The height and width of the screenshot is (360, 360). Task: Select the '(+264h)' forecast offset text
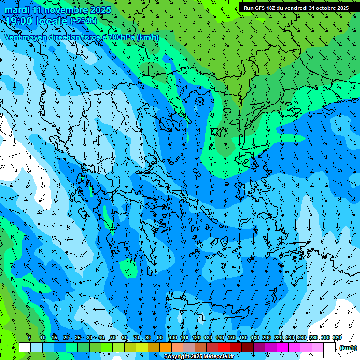pos(83,21)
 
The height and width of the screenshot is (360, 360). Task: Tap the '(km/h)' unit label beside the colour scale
pos(348,348)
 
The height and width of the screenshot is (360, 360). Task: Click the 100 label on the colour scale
pos(172,337)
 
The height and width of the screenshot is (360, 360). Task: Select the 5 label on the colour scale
pos(30,337)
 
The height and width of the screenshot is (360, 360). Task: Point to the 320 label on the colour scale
pos(337,337)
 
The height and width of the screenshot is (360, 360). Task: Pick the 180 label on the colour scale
pos(255,337)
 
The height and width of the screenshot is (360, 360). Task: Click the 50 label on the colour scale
pos(113,337)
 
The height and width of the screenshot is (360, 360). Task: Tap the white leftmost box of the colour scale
pos(25,347)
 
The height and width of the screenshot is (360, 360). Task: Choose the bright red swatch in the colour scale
pos(224,347)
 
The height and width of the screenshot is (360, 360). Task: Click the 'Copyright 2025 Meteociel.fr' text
pos(199,357)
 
